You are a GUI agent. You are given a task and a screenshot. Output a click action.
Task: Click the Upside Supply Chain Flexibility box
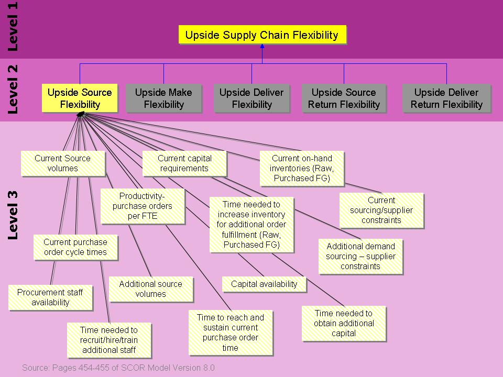click(262, 36)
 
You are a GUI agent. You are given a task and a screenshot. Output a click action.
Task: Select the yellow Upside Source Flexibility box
click(80, 98)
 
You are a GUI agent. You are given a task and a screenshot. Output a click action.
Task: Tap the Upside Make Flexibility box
click(163, 98)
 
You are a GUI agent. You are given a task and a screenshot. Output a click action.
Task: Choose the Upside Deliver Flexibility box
click(251, 98)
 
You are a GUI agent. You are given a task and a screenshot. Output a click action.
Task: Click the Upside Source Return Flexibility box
click(344, 98)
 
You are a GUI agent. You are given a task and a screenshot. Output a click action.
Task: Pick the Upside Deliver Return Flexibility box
click(446, 98)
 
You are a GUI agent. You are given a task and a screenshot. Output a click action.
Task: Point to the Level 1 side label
click(13, 26)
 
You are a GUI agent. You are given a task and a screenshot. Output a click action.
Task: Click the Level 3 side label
click(13, 215)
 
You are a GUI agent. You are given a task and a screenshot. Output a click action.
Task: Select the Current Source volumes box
click(62, 163)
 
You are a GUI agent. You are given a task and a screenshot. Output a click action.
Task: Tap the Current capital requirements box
click(184, 163)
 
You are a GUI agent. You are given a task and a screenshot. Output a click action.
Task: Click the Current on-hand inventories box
click(302, 168)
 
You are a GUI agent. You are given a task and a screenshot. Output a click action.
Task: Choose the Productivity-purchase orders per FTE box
click(143, 206)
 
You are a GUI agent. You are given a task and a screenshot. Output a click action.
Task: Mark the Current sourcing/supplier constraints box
click(381, 210)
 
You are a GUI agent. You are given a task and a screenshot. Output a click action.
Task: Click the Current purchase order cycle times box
click(75, 247)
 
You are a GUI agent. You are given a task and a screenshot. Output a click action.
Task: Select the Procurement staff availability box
click(50, 297)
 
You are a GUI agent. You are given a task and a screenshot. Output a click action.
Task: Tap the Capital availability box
click(264, 284)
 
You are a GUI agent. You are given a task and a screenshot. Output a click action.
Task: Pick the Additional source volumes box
click(151, 289)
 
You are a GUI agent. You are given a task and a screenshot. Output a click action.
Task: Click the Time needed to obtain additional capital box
click(344, 323)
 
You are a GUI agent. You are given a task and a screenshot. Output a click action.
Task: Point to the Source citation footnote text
click(118, 368)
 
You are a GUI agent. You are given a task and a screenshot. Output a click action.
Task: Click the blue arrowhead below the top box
click(262, 47)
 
